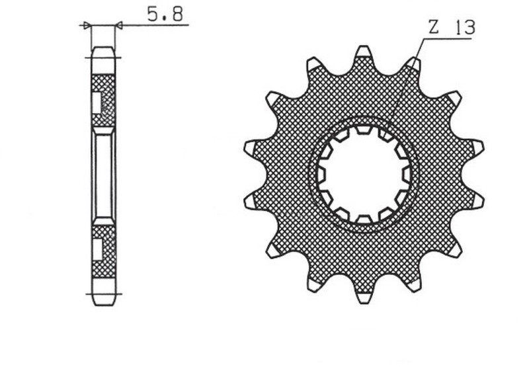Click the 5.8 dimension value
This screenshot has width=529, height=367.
165,13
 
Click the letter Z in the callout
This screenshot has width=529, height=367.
433,27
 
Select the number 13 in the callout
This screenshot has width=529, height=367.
464,27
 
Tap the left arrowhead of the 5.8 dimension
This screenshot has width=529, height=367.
87,26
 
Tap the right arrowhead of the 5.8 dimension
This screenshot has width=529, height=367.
118,26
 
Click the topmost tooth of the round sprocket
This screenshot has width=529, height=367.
363,53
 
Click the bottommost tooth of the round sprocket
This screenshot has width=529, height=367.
363,296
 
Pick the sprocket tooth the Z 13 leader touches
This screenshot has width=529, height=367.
413,64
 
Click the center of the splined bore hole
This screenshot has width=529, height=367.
364,175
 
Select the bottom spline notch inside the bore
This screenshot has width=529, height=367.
363,218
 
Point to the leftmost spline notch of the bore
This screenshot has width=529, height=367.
321,175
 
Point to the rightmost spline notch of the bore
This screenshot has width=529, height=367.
406,175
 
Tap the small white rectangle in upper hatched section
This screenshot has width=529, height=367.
96,101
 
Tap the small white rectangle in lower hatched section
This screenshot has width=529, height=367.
96,249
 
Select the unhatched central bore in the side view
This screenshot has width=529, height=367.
102,175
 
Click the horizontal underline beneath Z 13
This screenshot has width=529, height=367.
446,39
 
